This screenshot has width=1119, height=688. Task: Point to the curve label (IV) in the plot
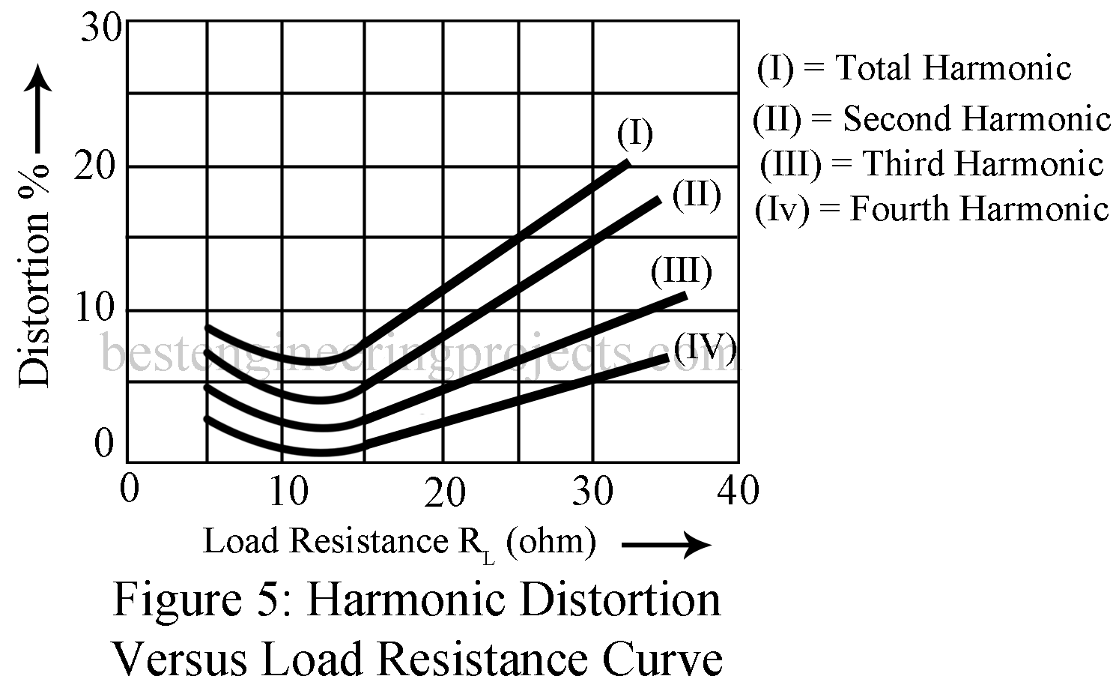pyautogui.click(x=705, y=346)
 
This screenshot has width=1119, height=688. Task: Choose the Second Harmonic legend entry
pyautogui.click(x=931, y=118)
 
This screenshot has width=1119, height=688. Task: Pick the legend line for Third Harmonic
pyautogui.click(x=931, y=163)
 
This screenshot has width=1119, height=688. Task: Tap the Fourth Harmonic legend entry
pyautogui.click(x=931, y=208)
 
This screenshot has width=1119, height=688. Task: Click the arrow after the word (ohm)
pyautogui.click(x=665, y=545)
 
